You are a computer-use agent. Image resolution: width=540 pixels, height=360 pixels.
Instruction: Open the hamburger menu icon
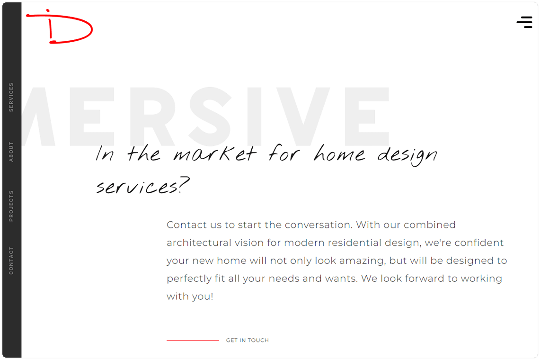click(x=524, y=22)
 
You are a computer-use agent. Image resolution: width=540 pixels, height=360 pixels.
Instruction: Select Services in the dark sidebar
click(x=11, y=97)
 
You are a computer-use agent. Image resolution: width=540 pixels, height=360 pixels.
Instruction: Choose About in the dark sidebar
click(x=11, y=152)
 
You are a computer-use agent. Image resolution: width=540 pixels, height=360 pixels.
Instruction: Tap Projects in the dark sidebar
click(x=11, y=206)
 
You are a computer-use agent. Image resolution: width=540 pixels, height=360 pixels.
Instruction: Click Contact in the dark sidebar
click(x=11, y=261)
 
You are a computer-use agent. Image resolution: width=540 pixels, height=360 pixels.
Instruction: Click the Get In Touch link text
click(x=247, y=341)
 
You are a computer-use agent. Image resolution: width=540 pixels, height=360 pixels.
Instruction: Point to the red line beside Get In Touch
click(x=193, y=341)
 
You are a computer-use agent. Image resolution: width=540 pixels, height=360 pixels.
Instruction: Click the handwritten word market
click(x=214, y=154)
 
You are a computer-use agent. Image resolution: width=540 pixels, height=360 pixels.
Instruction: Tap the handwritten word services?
click(x=142, y=186)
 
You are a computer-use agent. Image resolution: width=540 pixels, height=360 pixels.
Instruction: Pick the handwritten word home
click(x=339, y=154)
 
